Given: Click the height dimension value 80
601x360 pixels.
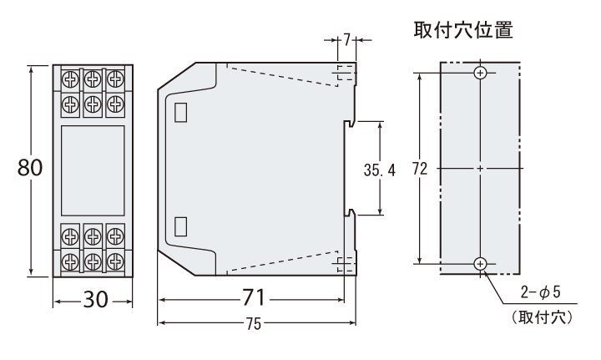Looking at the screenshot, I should (30, 167).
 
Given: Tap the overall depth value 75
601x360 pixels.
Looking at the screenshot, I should (258, 322).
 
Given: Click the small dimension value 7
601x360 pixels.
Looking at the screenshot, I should (347, 40).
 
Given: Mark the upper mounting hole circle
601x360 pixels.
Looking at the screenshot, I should (479, 74).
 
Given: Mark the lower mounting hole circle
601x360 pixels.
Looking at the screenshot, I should (479, 264).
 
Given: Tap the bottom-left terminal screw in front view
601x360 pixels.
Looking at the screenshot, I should (72, 261).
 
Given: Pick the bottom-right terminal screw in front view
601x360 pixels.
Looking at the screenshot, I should (114, 261).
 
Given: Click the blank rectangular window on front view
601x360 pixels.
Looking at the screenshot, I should (93, 170).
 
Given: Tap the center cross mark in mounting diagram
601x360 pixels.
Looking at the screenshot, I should (479, 169).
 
